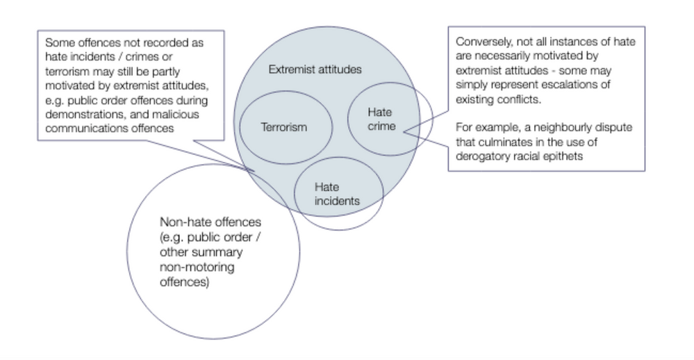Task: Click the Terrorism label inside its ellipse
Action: click(x=283, y=127)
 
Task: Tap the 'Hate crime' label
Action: click(x=381, y=119)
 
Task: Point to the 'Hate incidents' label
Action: click(x=337, y=194)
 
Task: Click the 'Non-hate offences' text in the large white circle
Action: click(x=210, y=223)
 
